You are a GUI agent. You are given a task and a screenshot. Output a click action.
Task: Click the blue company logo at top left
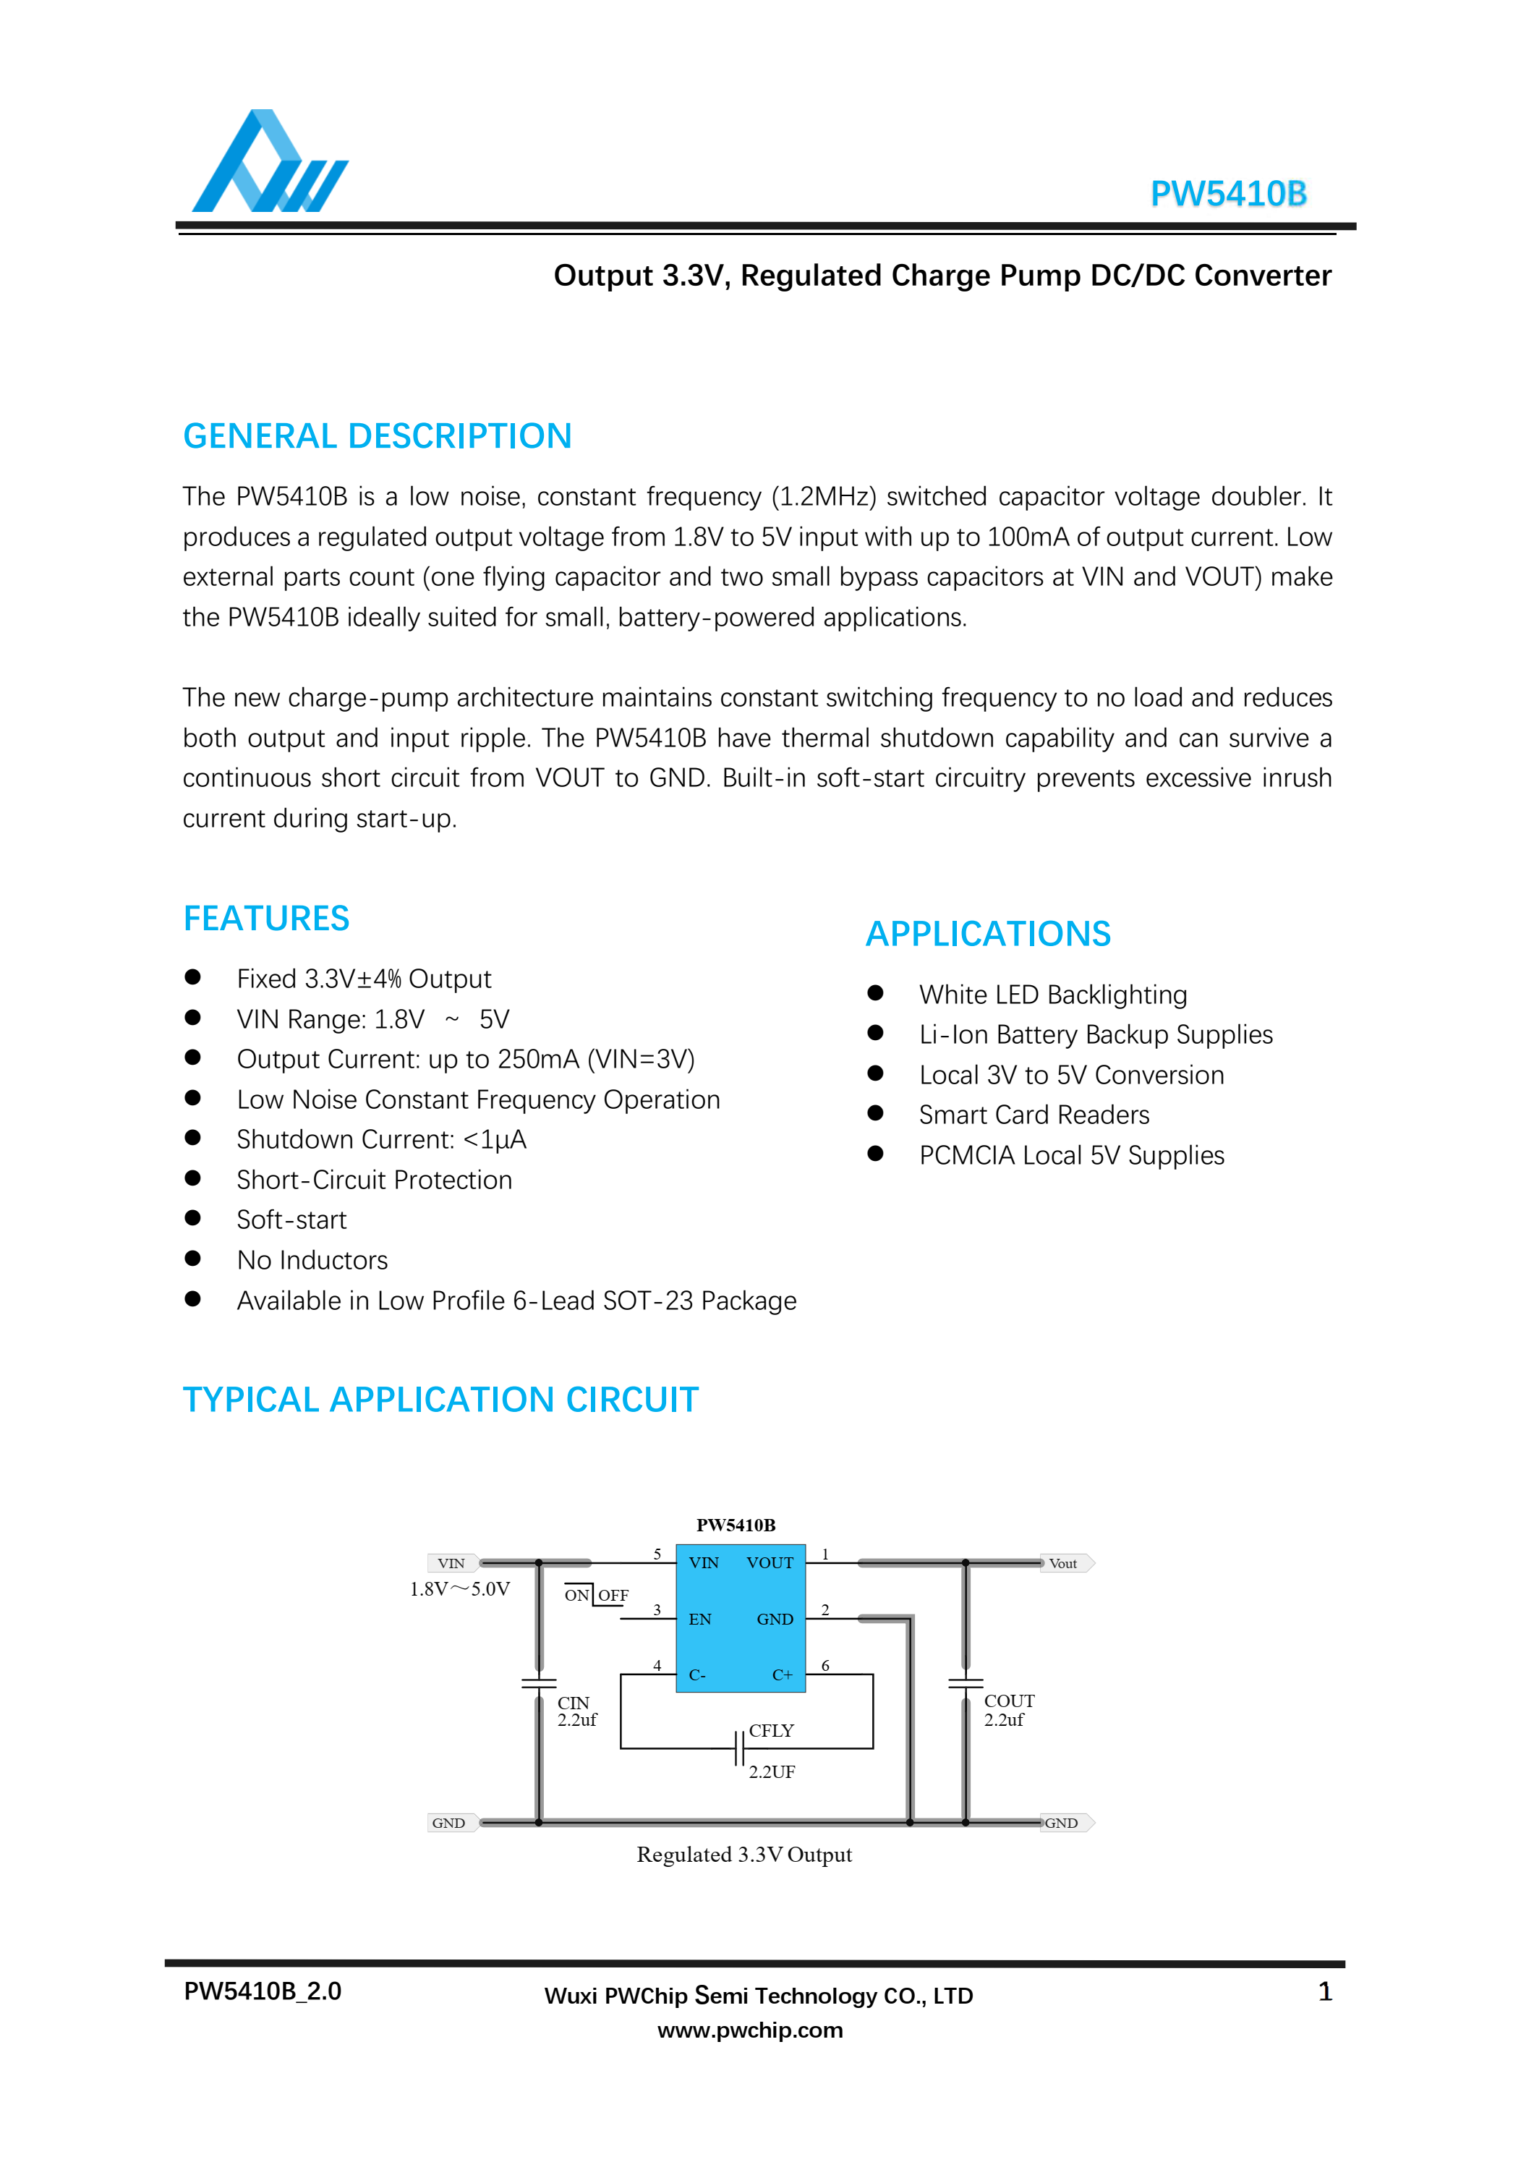click(x=269, y=163)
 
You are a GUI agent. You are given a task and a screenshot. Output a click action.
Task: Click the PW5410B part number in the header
click(x=1228, y=194)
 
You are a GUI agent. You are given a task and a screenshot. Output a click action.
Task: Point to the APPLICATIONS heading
click(x=988, y=934)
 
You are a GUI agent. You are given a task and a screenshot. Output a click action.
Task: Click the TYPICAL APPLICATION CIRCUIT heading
click(x=440, y=1400)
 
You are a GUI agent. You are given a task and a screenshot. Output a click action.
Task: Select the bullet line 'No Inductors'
click(x=312, y=1260)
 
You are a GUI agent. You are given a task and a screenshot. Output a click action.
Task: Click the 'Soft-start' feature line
click(x=291, y=1220)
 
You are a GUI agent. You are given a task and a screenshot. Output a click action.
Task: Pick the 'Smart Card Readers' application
click(x=1034, y=1115)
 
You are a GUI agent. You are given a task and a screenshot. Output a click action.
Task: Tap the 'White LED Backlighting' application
click(x=1053, y=995)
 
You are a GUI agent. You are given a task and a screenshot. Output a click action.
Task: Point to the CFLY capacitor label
click(x=771, y=1730)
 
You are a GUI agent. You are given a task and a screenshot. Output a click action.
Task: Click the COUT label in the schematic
click(x=1008, y=1701)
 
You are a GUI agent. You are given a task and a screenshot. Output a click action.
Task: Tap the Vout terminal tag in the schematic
click(x=1065, y=1563)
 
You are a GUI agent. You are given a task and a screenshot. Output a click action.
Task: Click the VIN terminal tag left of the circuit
click(x=452, y=1563)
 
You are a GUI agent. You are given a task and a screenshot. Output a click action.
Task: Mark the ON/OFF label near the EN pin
click(x=595, y=1596)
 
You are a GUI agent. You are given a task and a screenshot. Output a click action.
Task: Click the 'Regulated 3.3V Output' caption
click(x=743, y=1855)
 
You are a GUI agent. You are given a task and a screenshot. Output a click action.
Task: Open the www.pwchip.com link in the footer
click(x=749, y=2030)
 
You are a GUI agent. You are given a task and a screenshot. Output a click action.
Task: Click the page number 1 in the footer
click(x=1324, y=1992)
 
